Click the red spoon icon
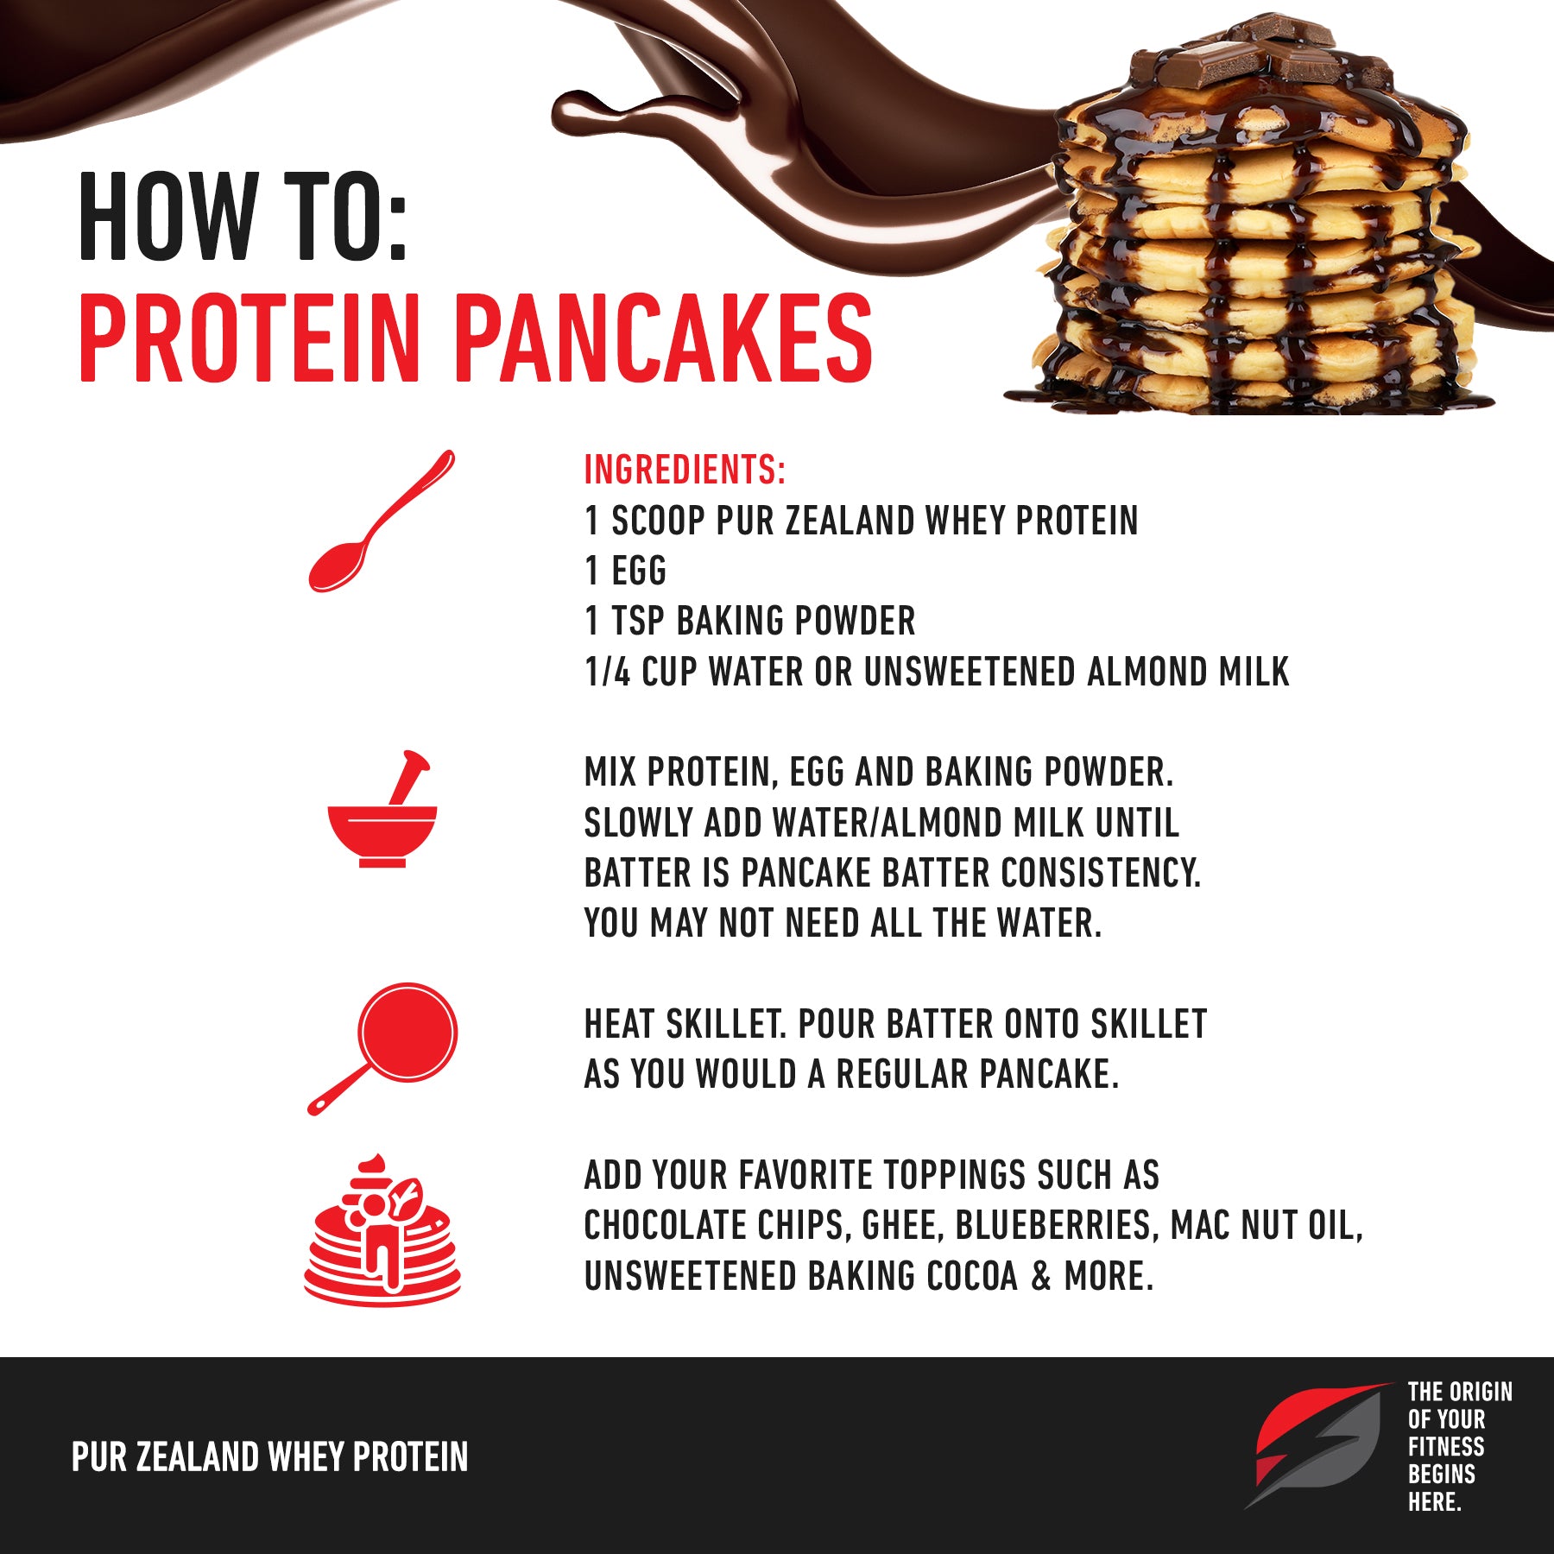point(380,521)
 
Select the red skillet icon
point(382,1048)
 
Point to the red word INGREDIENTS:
point(685,470)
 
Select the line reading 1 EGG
point(626,571)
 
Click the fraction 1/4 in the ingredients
point(608,672)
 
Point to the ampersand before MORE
point(1040,1276)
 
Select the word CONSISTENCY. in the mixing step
point(1101,873)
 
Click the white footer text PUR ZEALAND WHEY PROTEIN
point(269,1457)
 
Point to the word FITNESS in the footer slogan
point(1446,1447)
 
